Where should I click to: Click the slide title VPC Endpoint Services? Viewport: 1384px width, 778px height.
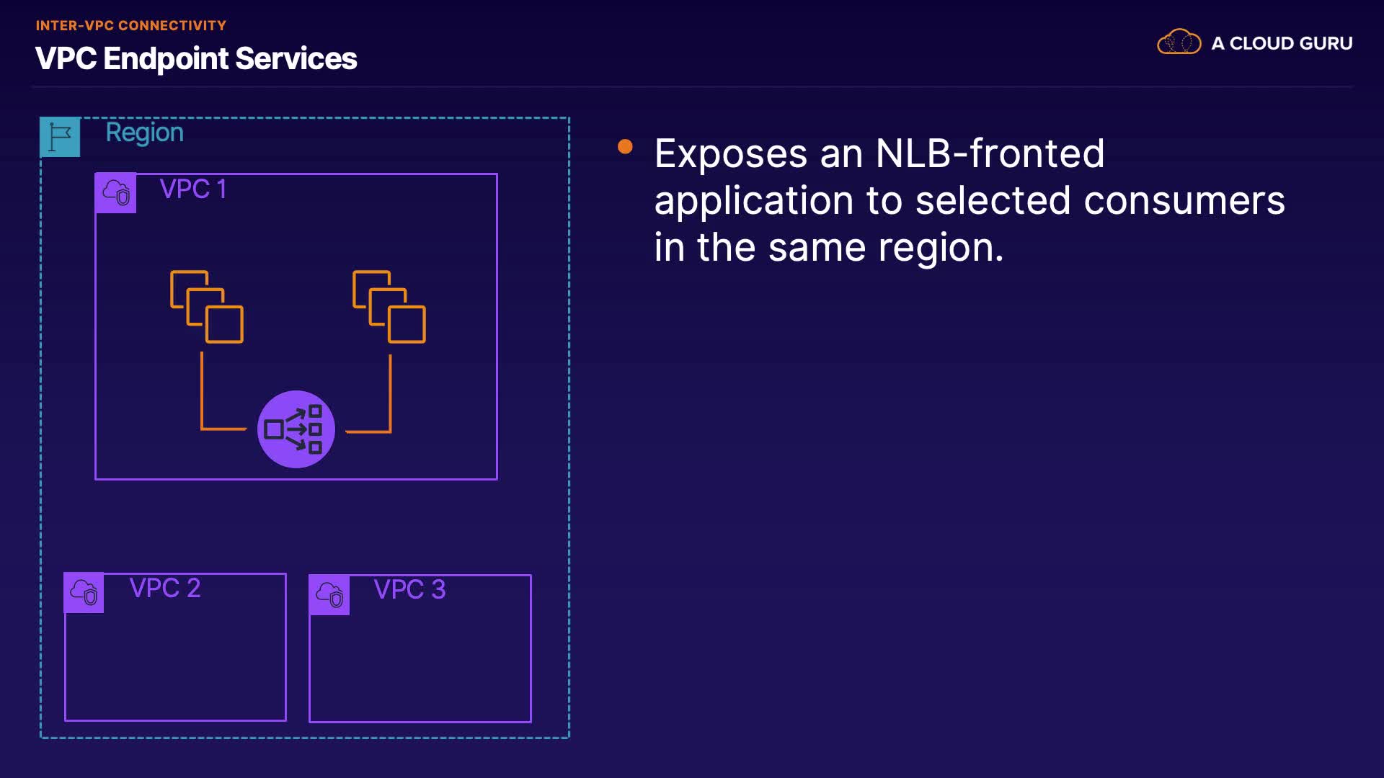click(x=196, y=58)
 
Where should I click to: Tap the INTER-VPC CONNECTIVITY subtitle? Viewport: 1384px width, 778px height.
click(x=131, y=25)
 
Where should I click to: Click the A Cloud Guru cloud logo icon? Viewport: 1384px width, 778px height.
click(x=1179, y=42)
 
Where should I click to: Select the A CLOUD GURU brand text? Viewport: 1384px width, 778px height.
click(x=1282, y=43)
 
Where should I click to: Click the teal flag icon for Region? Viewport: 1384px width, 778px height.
click(x=60, y=137)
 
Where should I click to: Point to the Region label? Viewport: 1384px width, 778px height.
click(x=144, y=133)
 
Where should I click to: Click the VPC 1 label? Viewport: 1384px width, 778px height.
click(x=193, y=189)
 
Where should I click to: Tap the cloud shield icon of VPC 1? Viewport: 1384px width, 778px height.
click(x=116, y=192)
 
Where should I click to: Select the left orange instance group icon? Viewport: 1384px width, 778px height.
click(x=207, y=307)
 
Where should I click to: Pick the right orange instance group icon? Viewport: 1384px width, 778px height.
click(x=389, y=307)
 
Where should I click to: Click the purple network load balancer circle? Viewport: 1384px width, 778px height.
click(x=296, y=429)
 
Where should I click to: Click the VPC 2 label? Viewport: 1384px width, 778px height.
click(x=165, y=588)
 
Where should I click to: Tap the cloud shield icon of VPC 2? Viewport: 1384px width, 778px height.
click(x=84, y=592)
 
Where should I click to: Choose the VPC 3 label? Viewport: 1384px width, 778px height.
click(x=409, y=589)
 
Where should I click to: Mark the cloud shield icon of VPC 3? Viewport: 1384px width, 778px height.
click(x=329, y=594)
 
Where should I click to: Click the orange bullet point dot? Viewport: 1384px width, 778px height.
click(x=625, y=147)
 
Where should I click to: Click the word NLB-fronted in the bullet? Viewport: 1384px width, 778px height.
click(x=990, y=153)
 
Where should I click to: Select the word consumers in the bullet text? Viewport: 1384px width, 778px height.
click(x=1184, y=200)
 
